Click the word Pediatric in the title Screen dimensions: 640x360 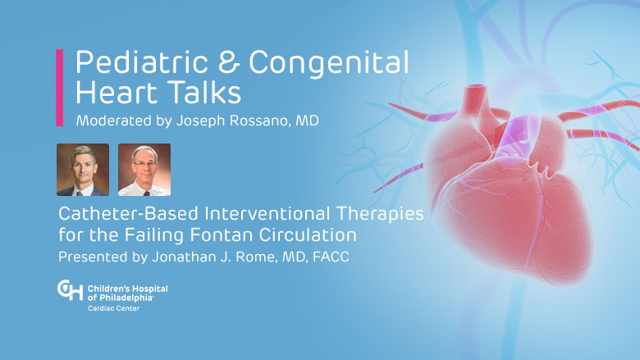pos(142,62)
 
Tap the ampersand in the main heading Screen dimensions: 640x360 pos(228,62)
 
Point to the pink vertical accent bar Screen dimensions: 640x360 pos(60,88)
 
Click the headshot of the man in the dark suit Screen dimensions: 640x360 pos(83,170)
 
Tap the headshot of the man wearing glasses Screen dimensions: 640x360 pos(144,170)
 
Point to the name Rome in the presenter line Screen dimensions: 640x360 pos(259,257)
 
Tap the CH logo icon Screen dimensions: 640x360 pos(70,289)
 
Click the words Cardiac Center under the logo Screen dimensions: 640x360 pos(113,308)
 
